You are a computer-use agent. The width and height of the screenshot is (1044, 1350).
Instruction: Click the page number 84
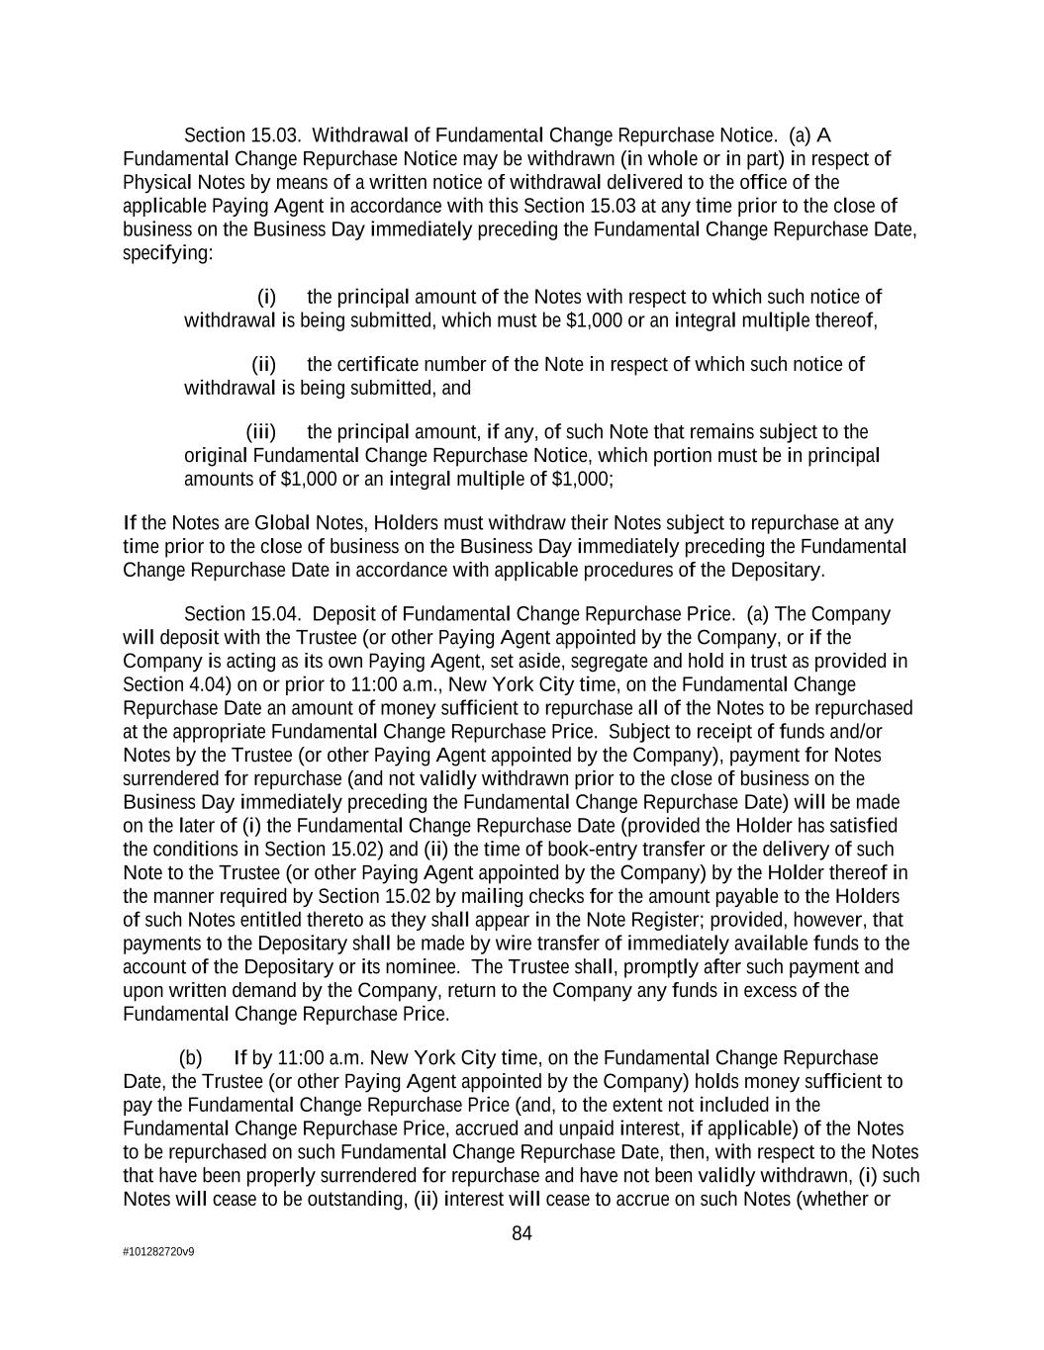coord(522,1233)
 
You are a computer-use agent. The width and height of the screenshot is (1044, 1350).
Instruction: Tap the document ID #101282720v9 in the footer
coord(158,1251)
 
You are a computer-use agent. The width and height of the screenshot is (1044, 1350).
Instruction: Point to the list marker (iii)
coord(260,432)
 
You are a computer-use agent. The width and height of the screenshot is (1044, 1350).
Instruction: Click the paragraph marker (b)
coord(191,1058)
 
